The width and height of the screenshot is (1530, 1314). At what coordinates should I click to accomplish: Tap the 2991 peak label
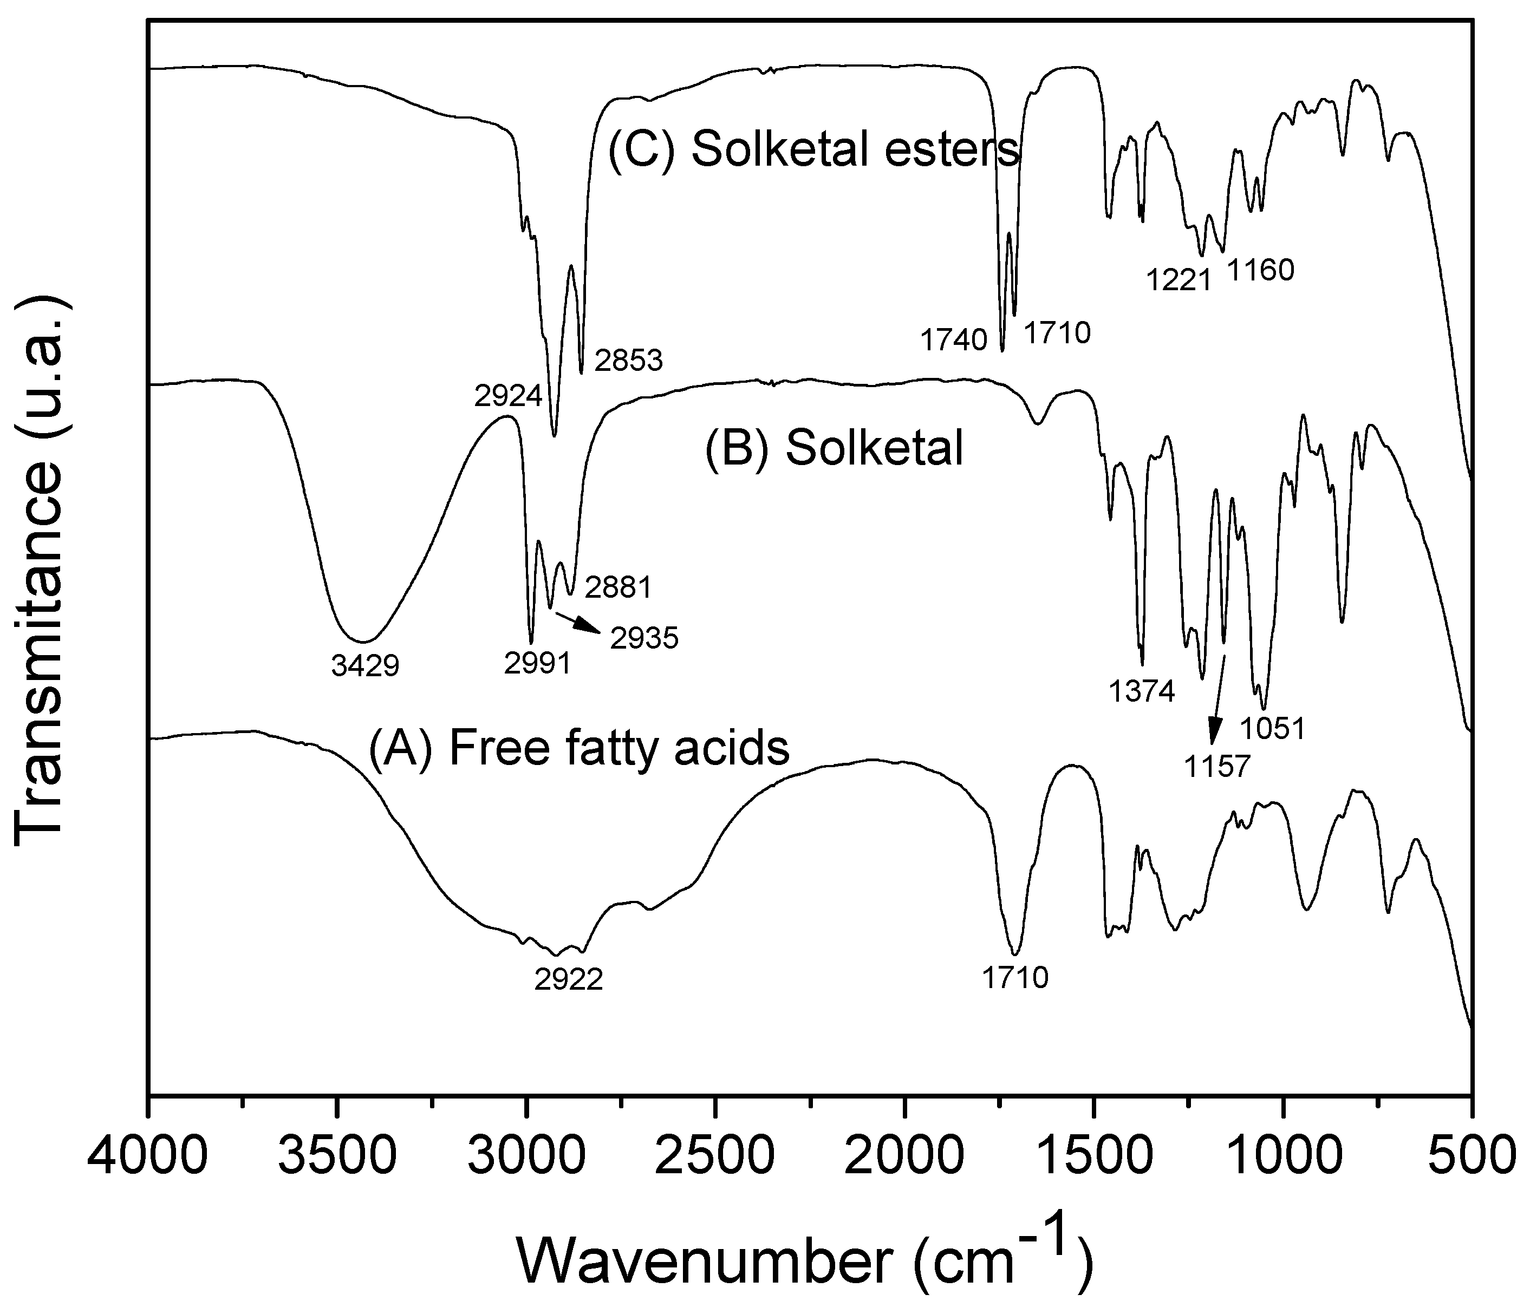(x=538, y=663)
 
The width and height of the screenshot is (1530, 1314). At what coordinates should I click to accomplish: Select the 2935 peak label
(x=644, y=638)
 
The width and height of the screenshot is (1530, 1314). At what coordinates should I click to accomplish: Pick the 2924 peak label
(x=508, y=396)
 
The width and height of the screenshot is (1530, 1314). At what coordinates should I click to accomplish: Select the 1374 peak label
(x=1142, y=692)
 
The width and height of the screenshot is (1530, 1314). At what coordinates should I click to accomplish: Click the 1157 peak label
(x=1217, y=766)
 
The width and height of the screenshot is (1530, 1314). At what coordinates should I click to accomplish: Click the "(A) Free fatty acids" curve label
(x=579, y=748)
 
